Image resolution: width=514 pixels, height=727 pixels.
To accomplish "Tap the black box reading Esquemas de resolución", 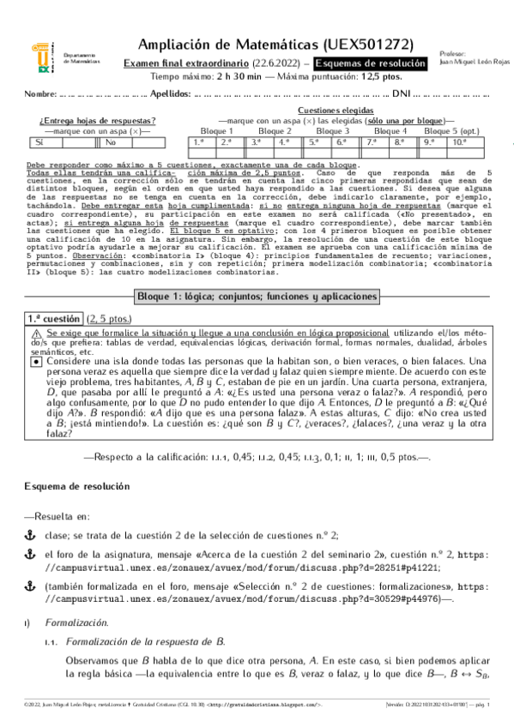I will click(x=371, y=63).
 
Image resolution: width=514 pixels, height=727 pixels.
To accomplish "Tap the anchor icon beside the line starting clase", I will click(x=31, y=533).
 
